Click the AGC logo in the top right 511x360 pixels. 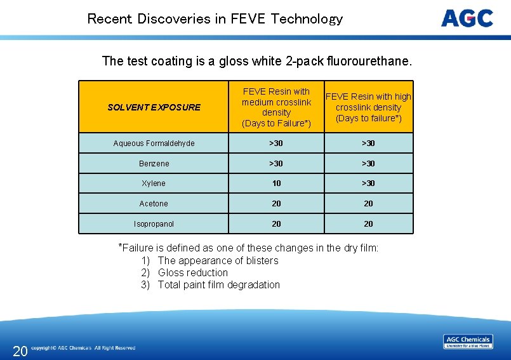tap(467, 18)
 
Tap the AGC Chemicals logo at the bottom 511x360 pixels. tap(468, 342)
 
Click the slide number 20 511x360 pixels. tap(20, 351)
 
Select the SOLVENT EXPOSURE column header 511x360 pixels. tap(154, 107)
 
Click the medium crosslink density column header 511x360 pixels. tap(276, 107)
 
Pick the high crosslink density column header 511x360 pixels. tap(368, 107)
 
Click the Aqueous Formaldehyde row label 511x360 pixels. tap(154, 143)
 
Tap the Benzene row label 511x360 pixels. tap(154, 164)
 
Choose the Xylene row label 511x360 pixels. tap(154, 183)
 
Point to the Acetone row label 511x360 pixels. tap(154, 204)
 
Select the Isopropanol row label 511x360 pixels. tap(154, 224)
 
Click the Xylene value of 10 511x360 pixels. tap(276, 183)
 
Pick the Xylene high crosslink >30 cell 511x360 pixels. tap(368, 183)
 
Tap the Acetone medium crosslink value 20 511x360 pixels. tap(276, 204)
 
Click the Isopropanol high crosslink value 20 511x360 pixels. tap(368, 224)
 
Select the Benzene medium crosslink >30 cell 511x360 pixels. tap(276, 164)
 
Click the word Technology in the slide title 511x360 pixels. tap(307, 19)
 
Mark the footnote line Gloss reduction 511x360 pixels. tap(192, 272)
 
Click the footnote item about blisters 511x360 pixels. tap(218, 260)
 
